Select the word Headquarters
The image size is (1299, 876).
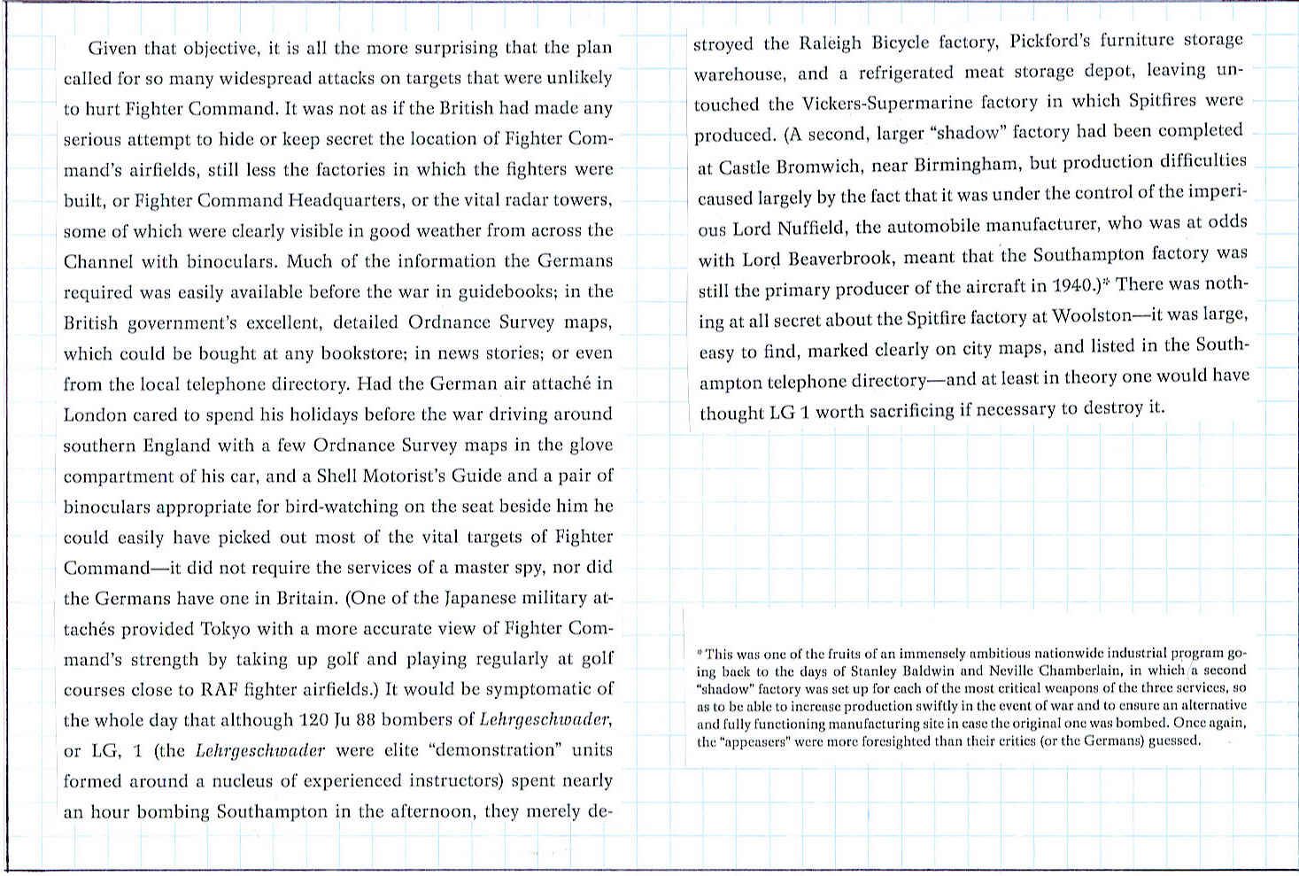pos(346,200)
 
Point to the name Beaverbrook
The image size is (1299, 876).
pos(847,259)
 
